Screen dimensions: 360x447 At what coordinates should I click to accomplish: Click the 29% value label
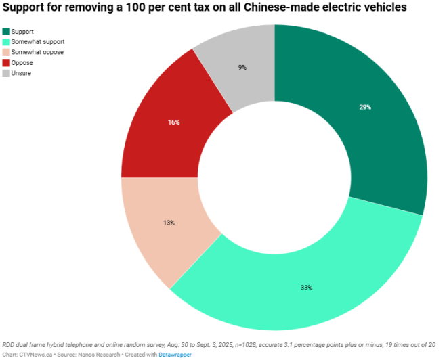(365, 107)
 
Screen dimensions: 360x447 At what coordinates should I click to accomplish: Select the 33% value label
(306, 288)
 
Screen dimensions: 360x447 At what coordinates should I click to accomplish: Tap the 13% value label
(169, 223)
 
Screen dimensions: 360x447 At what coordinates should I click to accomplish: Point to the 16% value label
(173, 122)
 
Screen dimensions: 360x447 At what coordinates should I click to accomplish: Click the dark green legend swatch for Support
(6, 32)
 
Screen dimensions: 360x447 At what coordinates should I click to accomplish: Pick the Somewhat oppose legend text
(38, 52)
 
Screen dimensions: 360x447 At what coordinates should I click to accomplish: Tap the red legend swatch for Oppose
(6, 63)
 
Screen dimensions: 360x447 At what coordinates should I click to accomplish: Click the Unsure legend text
(22, 73)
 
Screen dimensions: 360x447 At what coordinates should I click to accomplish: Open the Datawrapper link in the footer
(175, 354)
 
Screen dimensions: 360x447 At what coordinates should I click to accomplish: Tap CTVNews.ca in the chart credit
(36, 354)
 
